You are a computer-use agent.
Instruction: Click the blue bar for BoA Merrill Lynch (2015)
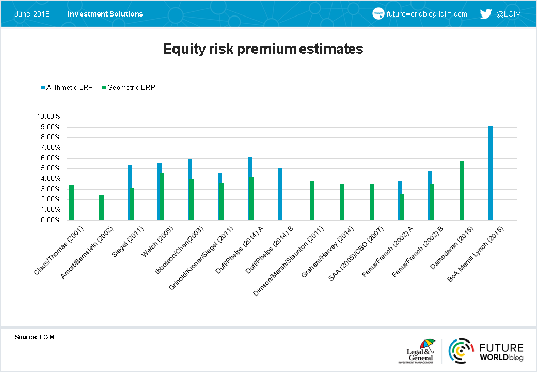tap(490, 173)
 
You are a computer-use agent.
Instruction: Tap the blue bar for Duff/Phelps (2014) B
tap(280, 194)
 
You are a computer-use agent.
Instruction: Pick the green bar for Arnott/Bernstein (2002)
tap(101, 208)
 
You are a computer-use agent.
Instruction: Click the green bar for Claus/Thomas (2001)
tap(72, 203)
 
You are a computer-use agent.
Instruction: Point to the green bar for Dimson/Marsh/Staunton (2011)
tap(312, 200)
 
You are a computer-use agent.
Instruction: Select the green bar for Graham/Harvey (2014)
tap(342, 202)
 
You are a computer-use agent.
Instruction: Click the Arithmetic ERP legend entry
tap(67, 88)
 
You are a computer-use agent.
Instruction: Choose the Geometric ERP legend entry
tap(129, 88)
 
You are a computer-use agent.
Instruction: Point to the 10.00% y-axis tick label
tap(49, 116)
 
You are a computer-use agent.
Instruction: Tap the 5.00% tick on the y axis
tap(51, 168)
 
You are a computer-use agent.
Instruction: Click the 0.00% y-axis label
tap(51, 220)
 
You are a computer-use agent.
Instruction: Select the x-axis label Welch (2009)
tap(157, 241)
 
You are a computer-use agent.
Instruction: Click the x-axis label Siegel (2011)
tap(128, 241)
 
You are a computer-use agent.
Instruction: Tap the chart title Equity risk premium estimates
tap(263, 49)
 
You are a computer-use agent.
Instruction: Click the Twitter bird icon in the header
tap(486, 14)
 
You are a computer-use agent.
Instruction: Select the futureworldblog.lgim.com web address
tap(427, 14)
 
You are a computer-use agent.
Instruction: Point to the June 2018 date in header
tap(32, 14)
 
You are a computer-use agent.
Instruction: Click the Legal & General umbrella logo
tap(420, 351)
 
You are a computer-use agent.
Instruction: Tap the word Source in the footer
tap(26, 337)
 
